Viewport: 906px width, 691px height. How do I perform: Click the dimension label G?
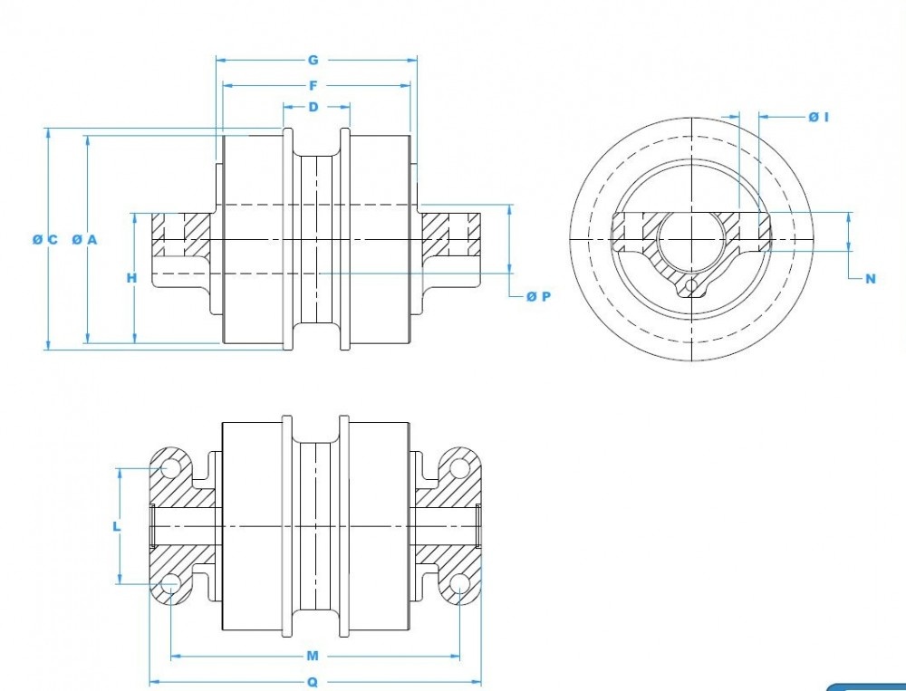(x=313, y=61)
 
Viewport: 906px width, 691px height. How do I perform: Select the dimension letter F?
(x=313, y=86)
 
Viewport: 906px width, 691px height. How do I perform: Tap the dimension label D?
(x=313, y=107)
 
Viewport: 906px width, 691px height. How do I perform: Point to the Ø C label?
(x=44, y=239)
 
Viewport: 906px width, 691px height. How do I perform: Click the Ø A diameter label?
(x=84, y=239)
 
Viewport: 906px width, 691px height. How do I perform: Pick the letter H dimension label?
(x=132, y=278)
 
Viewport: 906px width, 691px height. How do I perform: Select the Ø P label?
(x=538, y=296)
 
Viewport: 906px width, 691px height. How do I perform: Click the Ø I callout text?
(x=819, y=117)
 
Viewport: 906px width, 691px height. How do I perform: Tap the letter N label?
(x=871, y=279)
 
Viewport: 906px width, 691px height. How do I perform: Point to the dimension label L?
(x=117, y=525)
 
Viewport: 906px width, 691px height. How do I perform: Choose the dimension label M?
(x=313, y=656)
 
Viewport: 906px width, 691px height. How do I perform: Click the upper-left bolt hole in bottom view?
(x=169, y=468)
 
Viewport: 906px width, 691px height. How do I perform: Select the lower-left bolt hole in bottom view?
(x=169, y=582)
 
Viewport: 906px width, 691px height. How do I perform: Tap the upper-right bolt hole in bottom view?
(x=459, y=468)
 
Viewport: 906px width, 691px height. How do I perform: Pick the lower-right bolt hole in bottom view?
(x=459, y=582)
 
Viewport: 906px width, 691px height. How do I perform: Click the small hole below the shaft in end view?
(x=692, y=286)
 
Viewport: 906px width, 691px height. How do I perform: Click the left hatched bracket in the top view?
(x=181, y=234)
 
